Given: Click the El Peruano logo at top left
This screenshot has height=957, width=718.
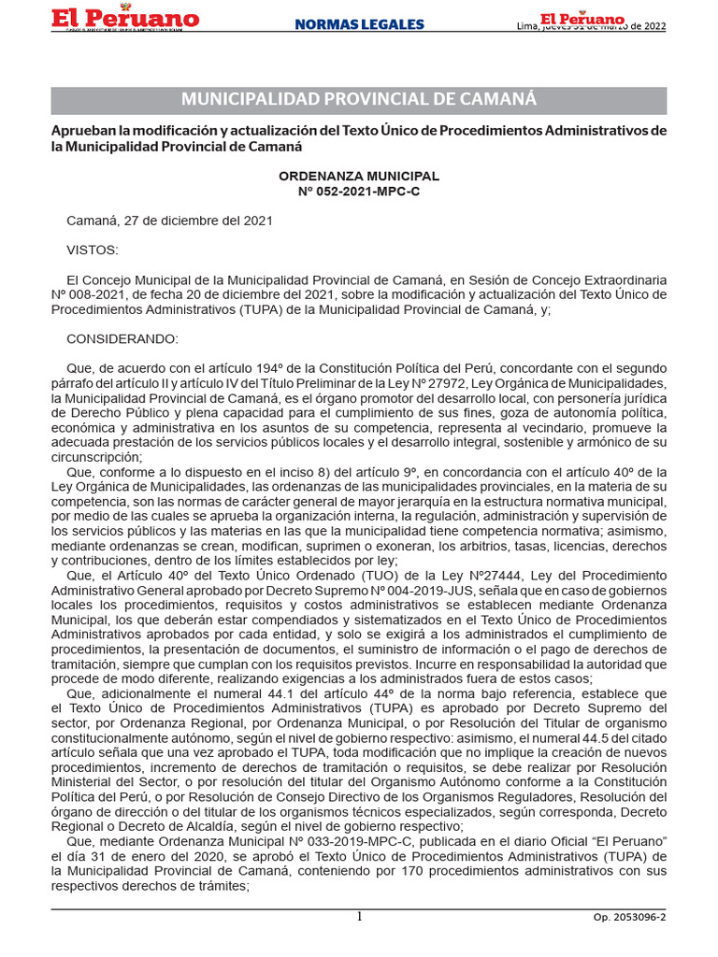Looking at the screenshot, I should tap(125, 20).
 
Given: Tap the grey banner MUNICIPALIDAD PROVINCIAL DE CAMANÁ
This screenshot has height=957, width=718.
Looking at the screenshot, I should tap(359, 100).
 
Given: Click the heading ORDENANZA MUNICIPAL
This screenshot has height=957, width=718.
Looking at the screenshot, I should tap(359, 176).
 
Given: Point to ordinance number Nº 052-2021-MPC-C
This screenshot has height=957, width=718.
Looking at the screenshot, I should tap(359, 191).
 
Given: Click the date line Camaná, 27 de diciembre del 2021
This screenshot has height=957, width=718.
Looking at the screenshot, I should tap(169, 221).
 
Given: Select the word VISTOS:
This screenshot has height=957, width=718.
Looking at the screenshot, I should tap(93, 250).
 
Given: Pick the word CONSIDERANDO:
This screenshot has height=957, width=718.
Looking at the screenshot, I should tap(122, 338).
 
